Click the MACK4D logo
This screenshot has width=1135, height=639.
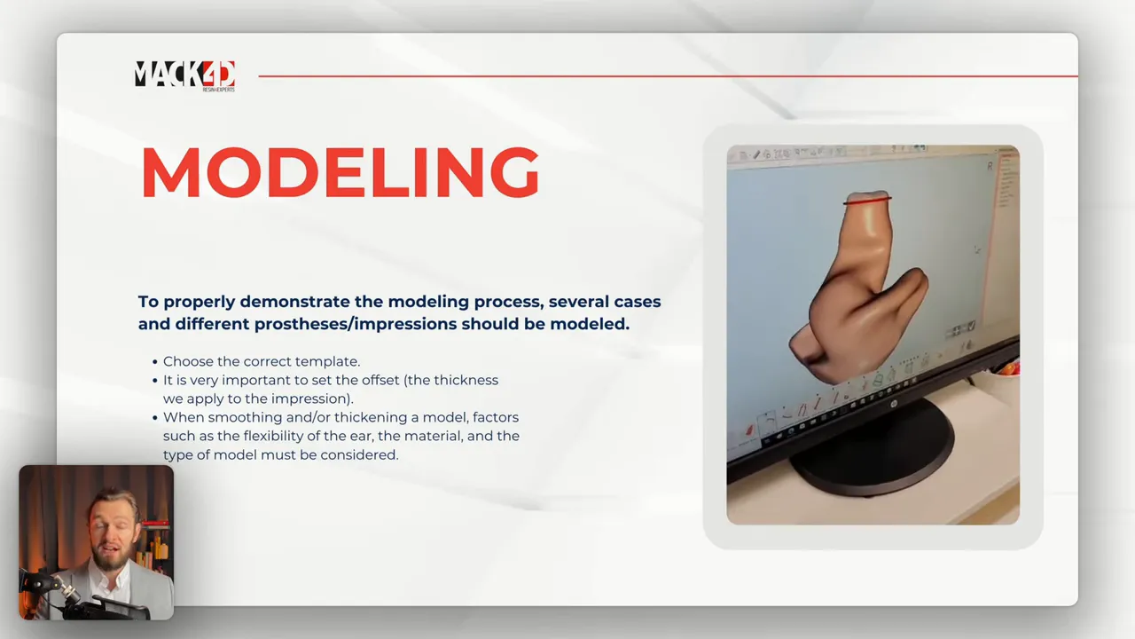(184, 75)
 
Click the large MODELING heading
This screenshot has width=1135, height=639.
(340, 172)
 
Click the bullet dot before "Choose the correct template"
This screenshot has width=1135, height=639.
(155, 362)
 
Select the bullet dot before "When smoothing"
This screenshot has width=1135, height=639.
(155, 418)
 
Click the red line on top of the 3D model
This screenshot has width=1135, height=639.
(866, 201)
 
